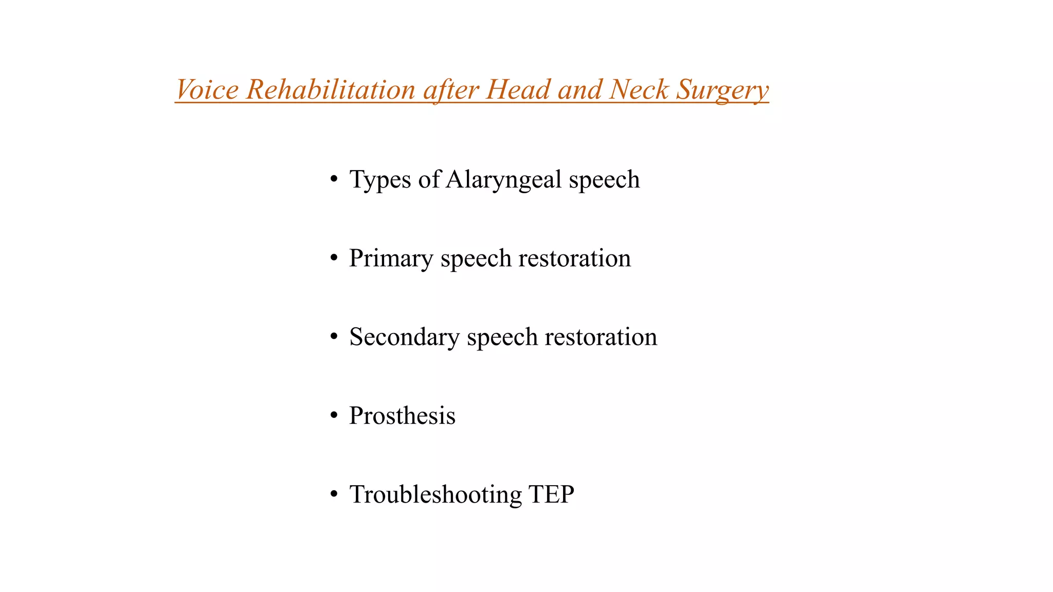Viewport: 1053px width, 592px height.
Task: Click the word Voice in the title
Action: pos(207,89)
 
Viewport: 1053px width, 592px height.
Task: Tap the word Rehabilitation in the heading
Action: pos(331,89)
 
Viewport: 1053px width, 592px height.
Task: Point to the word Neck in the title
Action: pos(639,89)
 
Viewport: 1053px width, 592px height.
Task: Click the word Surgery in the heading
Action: pos(722,90)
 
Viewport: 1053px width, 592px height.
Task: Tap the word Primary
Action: pos(391,258)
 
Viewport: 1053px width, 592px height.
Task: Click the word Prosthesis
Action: pos(402,416)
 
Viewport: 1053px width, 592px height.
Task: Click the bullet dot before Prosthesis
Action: pos(334,415)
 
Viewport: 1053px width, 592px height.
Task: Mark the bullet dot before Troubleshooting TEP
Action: pos(334,494)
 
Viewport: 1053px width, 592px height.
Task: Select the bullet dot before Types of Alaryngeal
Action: pos(334,179)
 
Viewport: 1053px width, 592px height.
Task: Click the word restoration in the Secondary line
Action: pos(601,337)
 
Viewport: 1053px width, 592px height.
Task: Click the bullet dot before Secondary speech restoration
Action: pos(334,337)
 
